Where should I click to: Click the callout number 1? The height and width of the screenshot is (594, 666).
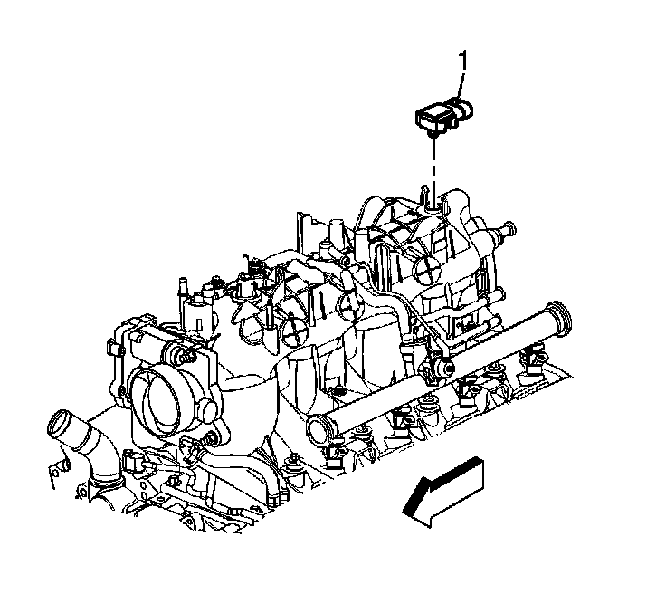coord(462,61)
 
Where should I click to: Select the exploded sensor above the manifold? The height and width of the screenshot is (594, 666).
coord(444,113)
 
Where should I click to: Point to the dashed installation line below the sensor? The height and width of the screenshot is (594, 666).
coord(433,170)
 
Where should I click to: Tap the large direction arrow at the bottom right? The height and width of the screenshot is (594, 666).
coord(443,491)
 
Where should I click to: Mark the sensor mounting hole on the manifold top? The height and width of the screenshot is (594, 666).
coord(433,207)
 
